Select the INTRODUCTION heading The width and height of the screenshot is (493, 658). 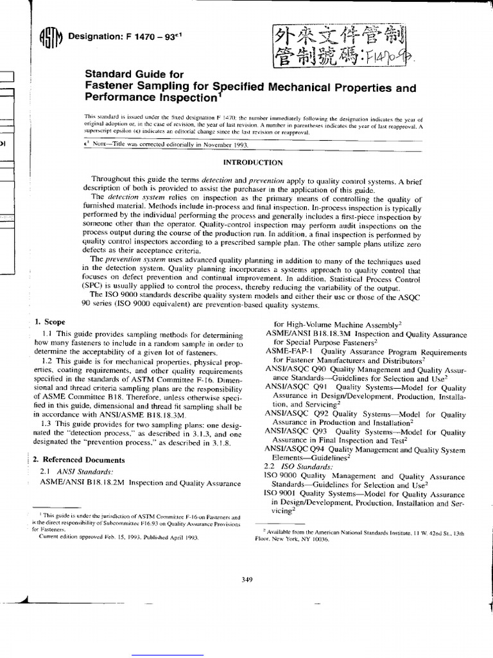coord(252,163)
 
